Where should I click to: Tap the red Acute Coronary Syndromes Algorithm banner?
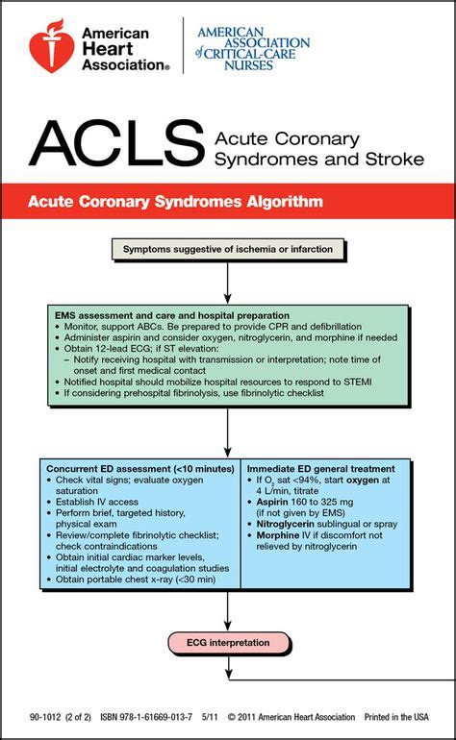pos(228,202)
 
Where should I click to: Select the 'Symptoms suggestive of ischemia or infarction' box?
pos(227,250)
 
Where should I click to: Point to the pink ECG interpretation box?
pos(227,642)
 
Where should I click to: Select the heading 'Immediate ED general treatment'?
pos(322,466)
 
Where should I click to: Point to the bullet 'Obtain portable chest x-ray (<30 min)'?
pos(135,580)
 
